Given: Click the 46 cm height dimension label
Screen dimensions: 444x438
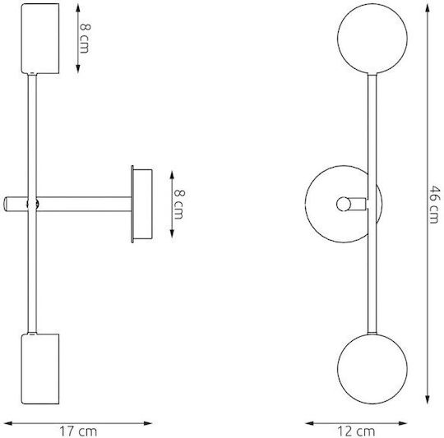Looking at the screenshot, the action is pos(434,205).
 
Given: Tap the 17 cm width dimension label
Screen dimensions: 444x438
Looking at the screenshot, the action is pos(78,431).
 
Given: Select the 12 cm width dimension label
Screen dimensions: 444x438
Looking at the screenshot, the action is pos(356,431).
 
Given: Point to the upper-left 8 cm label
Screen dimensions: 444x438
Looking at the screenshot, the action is pos(85,38).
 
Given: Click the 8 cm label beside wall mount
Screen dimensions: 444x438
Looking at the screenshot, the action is pos(178,205).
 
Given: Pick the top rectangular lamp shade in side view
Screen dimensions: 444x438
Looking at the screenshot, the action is pos(40,39).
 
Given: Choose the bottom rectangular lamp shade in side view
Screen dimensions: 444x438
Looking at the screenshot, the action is pos(40,369).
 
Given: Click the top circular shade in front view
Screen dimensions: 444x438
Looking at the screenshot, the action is pos(372,39).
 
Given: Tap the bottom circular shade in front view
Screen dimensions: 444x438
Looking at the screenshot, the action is pos(372,369).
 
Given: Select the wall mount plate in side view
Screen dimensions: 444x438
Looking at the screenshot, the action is pos(142,204).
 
